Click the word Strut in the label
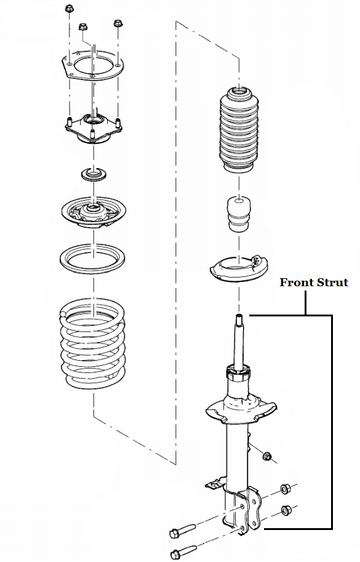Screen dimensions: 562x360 point(332,283)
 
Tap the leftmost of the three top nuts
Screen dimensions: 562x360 point(68,10)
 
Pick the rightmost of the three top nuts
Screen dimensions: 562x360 point(117,23)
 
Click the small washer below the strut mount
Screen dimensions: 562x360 point(93,174)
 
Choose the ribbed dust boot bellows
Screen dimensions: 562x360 point(237,132)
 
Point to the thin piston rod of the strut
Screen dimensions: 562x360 point(238,339)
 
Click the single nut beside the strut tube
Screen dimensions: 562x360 point(267,456)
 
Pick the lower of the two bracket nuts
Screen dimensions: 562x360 point(286,510)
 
